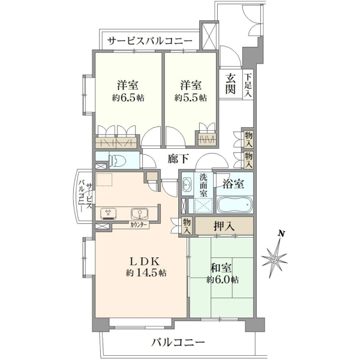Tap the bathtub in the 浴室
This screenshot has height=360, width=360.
(x=235, y=205)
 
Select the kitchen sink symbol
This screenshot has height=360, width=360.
(x=139, y=213)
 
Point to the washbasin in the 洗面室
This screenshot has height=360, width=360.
(x=187, y=185)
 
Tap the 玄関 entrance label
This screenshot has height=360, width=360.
(x=230, y=84)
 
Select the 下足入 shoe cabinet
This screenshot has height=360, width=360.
(x=248, y=85)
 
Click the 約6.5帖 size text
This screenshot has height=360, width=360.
(x=128, y=98)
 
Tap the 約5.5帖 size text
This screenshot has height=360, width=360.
(x=191, y=98)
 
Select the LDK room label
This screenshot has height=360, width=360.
(x=145, y=261)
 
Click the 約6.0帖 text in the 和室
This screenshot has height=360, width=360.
(x=222, y=280)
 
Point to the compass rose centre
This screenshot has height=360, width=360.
(x=274, y=260)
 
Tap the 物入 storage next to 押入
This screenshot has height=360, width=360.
(x=187, y=226)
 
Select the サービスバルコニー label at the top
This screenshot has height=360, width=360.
(x=150, y=41)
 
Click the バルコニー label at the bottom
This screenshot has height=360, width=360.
(x=178, y=343)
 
